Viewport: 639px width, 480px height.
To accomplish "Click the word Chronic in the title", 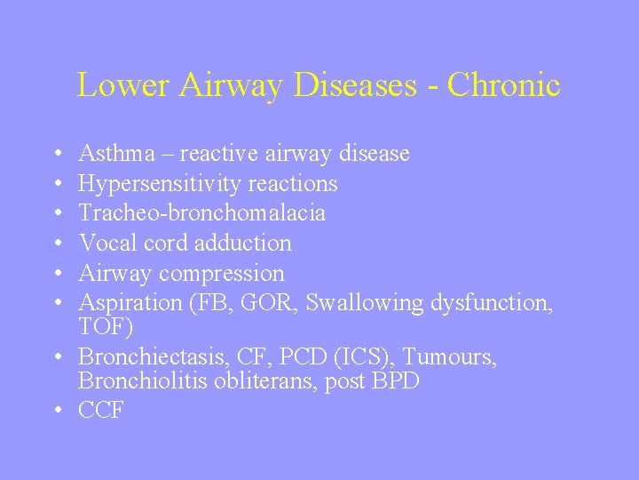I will [504, 85].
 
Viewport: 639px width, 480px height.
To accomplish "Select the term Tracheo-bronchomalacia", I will [201, 213].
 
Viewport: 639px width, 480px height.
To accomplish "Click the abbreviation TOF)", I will [106, 328].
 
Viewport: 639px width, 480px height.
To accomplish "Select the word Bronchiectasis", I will [151, 357].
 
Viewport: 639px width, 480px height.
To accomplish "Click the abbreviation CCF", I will [100, 412].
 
